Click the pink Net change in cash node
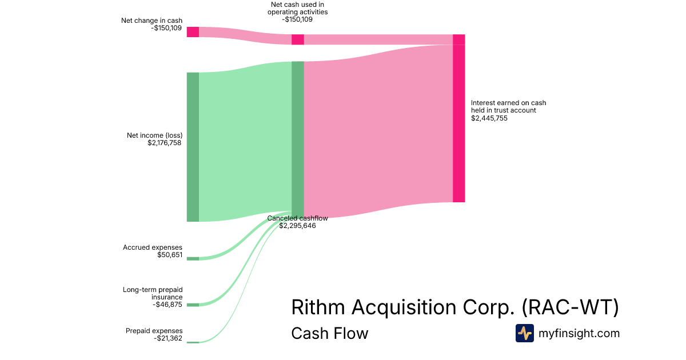(193, 32)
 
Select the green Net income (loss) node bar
(193, 147)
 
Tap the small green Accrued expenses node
(193, 258)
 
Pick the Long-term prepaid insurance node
(193, 305)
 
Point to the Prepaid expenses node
(193, 342)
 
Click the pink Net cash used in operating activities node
(297, 39)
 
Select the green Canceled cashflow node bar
(297, 138)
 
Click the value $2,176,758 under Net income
(164, 143)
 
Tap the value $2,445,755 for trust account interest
(489, 118)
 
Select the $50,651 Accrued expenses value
(170, 255)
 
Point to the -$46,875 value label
(167, 305)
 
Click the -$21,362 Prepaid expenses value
(168, 338)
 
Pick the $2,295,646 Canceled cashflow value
(297, 226)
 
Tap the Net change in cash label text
(151, 21)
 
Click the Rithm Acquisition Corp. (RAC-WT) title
(455, 307)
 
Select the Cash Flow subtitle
(329, 333)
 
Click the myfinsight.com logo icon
(524, 333)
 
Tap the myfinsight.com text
(579, 333)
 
